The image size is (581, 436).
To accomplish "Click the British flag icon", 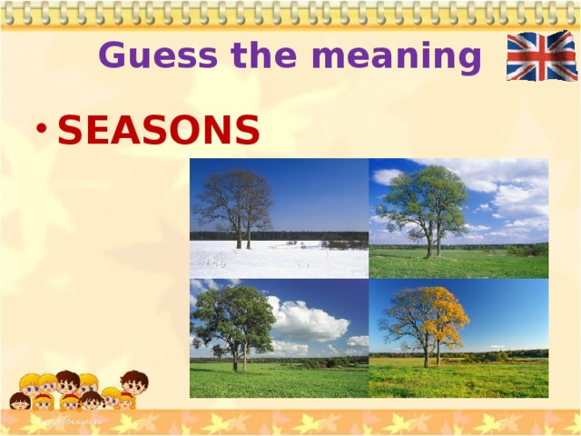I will tap(541, 55).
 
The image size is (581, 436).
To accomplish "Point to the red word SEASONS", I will tap(159, 132).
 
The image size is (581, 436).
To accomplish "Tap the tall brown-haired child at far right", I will tap(133, 383).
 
